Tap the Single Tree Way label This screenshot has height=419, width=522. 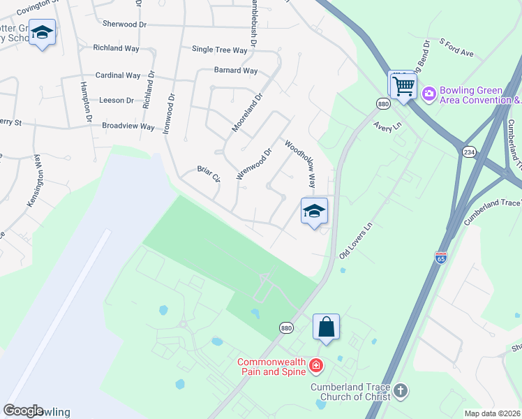[220, 50]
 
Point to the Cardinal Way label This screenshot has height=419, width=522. [118, 75]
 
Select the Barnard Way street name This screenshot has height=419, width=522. [236, 71]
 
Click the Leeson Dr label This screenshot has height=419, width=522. [117, 101]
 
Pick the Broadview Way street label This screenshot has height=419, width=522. [128, 126]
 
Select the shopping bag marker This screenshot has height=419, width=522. [326, 326]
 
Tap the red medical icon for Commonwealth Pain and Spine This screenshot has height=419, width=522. [316, 365]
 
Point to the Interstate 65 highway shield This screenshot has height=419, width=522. [440, 257]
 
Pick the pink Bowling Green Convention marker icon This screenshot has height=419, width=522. [428, 93]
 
